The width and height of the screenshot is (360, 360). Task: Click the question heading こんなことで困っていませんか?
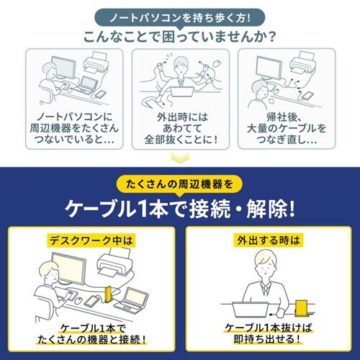point(179,35)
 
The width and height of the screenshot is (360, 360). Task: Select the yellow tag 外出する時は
point(269,239)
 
